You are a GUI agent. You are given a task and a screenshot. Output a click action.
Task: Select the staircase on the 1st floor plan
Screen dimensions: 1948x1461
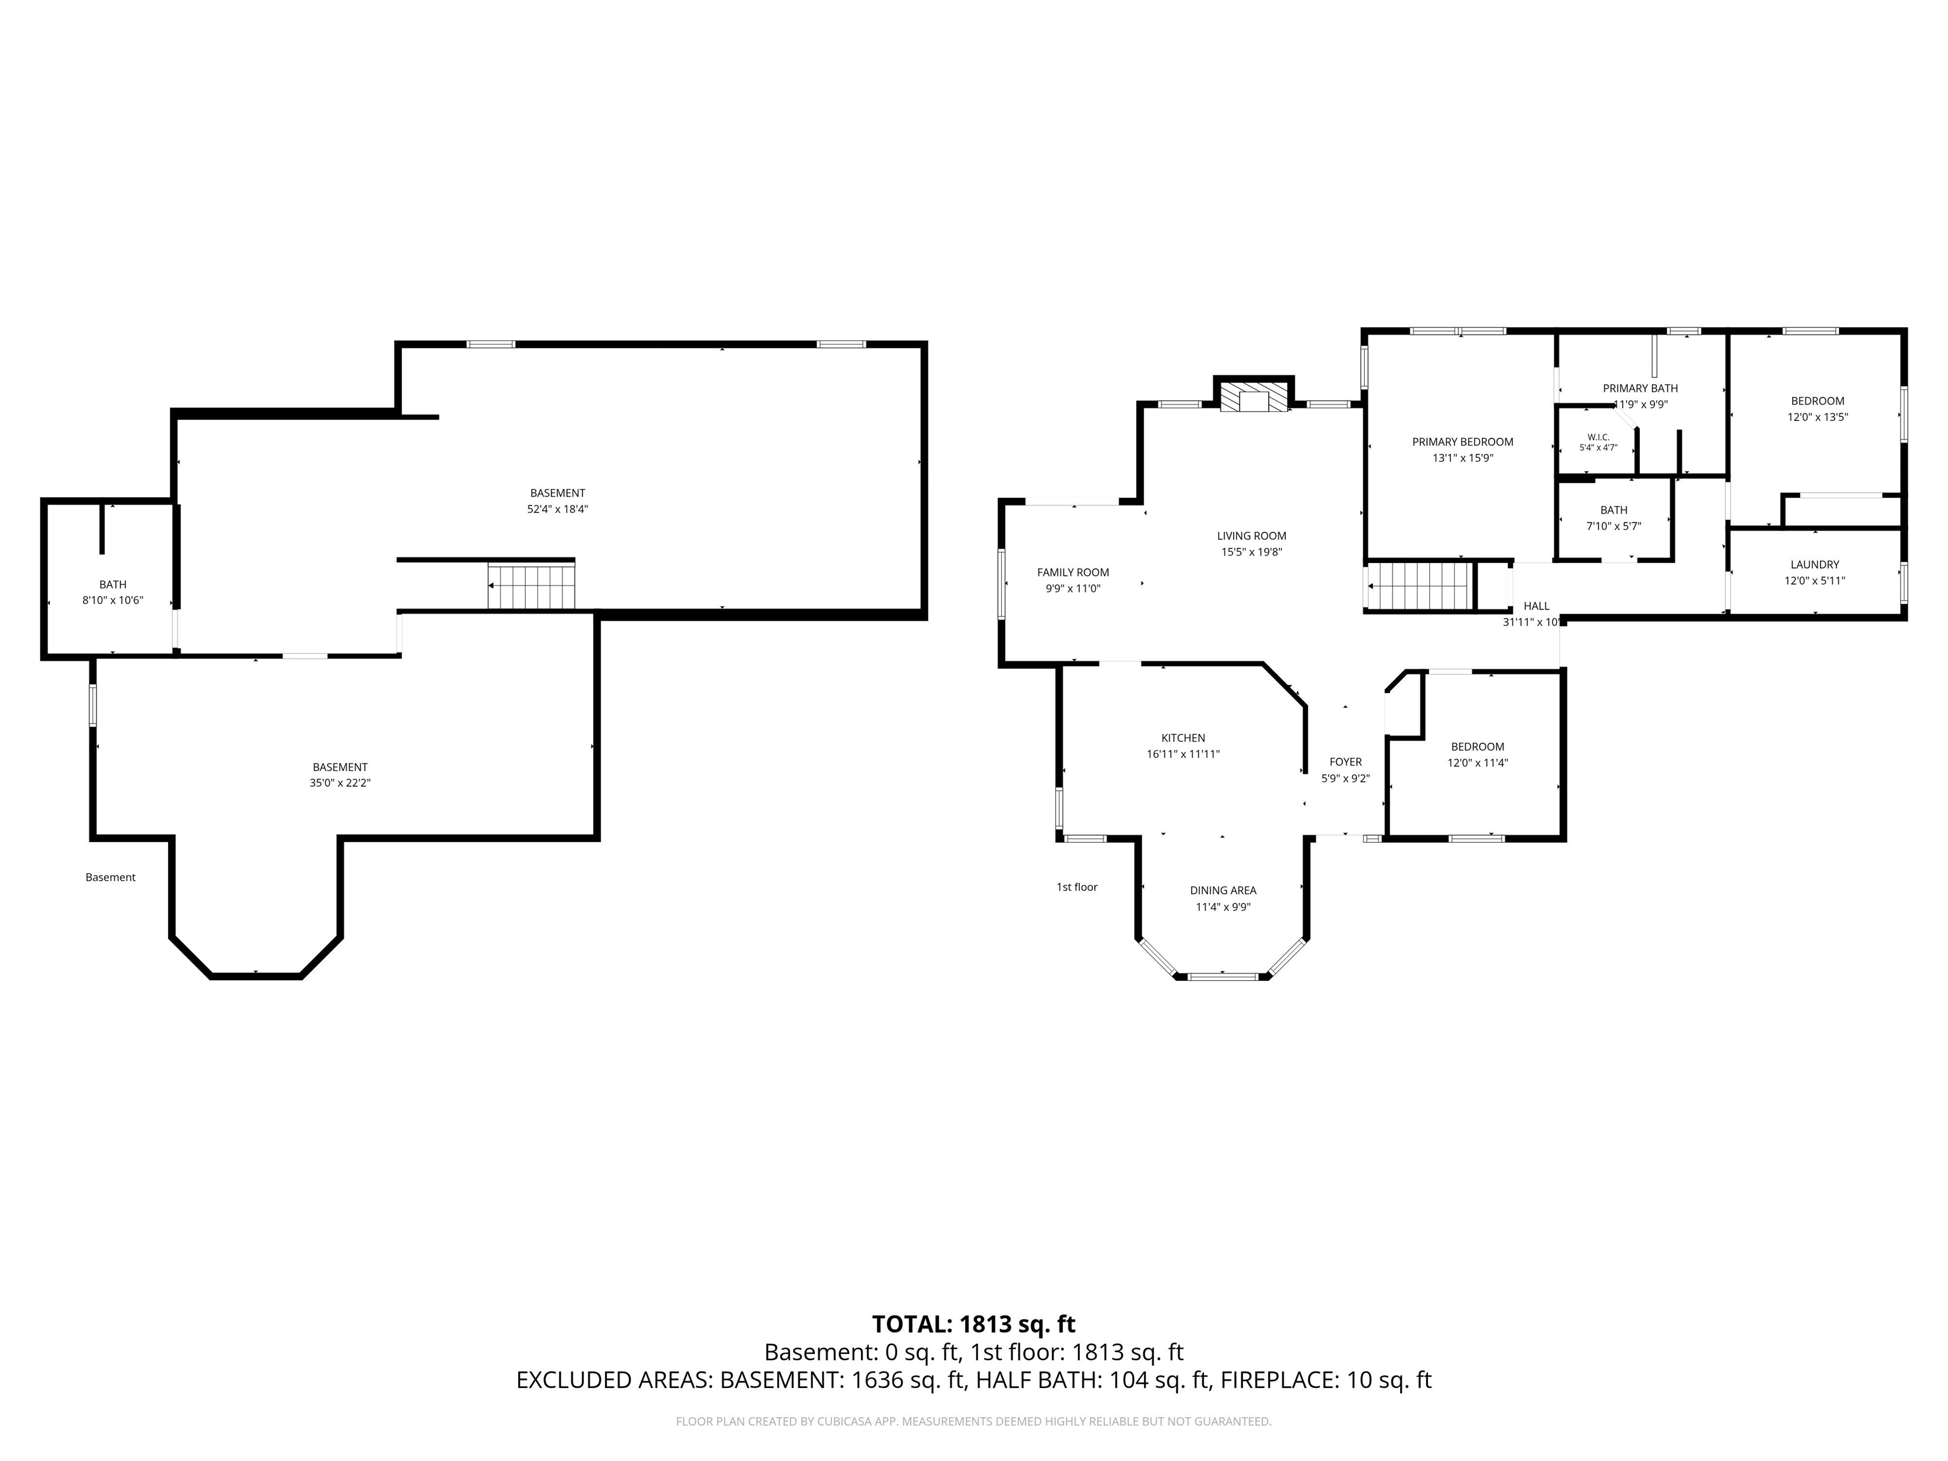pyautogui.click(x=1419, y=587)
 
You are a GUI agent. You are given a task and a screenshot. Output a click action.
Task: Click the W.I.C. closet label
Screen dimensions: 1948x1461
pyautogui.click(x=1599, y=437)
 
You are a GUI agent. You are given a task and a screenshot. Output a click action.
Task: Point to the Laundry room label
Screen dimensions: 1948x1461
pyautogui.click(x=1814, y=564)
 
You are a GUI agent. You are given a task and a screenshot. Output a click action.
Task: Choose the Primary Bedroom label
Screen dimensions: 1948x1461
pyautogui.click(x=1463, y=442)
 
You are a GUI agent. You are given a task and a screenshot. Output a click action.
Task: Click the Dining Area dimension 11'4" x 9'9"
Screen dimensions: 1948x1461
pyautogui.click(x=1223, y=907)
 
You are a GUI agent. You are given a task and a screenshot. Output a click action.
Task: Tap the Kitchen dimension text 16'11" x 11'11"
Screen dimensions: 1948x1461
pyautogui.click(x=1183, y=754)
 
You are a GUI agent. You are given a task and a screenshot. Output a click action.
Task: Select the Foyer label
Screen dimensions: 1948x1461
pyautogui.click(x=1346, y=762)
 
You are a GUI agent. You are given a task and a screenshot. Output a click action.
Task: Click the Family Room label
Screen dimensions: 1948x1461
pyautogui.click(x=1073, y=573)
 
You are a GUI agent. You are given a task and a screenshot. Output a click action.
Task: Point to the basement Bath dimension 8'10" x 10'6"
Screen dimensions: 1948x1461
pyautogui.click(x=113, y=601)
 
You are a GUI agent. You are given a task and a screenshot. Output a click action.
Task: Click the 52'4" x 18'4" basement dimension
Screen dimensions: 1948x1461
pyautogui.click(x=557, y=509)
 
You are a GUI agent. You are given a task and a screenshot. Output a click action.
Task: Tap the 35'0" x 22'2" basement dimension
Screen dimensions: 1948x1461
pyautogui.click(x=340, y=783)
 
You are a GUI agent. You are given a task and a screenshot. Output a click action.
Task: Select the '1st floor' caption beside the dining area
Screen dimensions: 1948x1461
pyautogui.click(x=1077, y=887)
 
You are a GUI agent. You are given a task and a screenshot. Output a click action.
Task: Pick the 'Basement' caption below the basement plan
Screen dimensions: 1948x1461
pyautogui.click(x=110, y=877)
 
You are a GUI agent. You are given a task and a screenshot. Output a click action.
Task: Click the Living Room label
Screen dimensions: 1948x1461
pyautogui.click(x=1251, y=535)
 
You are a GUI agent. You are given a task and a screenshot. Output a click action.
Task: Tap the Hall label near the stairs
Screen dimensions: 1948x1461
pyautogui.click(x=1536, y=606)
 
